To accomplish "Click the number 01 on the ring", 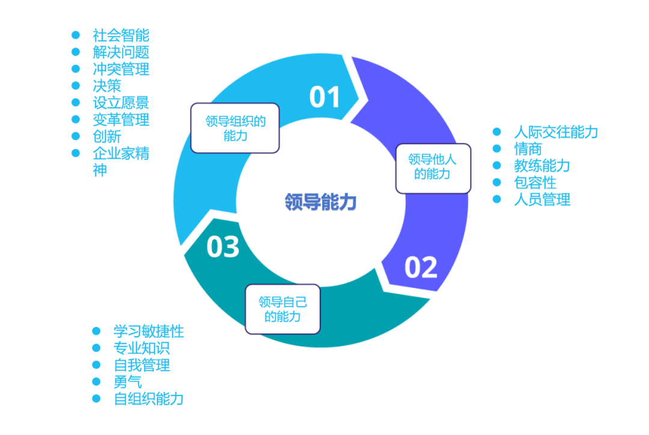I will coord(324,97).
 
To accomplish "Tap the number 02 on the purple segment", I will coord(421,267).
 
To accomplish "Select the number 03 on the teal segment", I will coord(223,247).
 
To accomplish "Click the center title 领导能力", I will coord(321,202).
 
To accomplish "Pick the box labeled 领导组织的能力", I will coord(235,128).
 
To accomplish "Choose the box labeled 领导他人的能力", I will coord(433,167).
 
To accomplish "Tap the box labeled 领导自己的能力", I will coord(282,309).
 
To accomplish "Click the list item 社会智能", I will coord(121,35).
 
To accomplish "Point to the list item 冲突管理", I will coord(121,69).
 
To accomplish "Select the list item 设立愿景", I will coord(121,103).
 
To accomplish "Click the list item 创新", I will coord(107,136).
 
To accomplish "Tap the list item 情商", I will coord(528,149).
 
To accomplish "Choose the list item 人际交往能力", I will coord(556,132).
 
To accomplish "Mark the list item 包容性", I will coord(535,182).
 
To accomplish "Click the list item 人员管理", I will coord(542,199).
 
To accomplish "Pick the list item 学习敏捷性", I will coord(148,331).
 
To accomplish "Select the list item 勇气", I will coord(127,382).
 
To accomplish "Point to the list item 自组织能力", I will coord(148,398).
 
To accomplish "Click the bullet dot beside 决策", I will coord(76,86).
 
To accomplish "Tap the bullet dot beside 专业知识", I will coord(96,348).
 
